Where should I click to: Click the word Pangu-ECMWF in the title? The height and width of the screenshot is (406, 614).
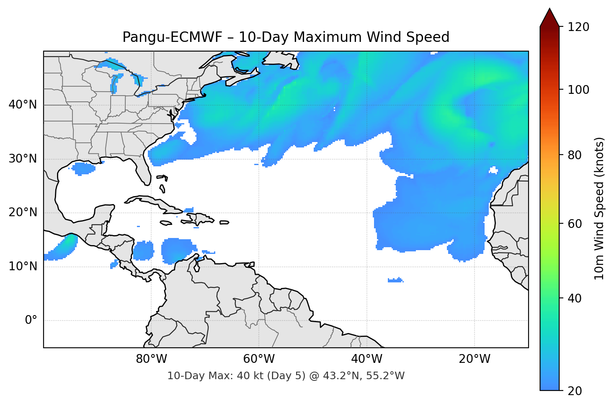point(172,37)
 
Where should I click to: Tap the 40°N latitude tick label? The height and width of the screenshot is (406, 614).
point(23,104)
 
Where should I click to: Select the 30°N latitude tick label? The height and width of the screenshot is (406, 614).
point(23,158)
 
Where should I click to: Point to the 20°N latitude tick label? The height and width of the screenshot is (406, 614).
point(23,212)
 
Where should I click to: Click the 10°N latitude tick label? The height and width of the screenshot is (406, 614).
point(23,266)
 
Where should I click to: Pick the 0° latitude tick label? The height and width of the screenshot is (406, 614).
point(31,321)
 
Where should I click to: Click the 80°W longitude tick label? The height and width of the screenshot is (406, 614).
point(151,359)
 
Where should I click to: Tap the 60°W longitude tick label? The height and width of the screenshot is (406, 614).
point(259,359)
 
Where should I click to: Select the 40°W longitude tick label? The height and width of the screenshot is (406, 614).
point(366,359)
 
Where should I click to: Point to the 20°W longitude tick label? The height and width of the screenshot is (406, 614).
point(474,359)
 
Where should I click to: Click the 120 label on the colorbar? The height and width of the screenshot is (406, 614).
point(578,27)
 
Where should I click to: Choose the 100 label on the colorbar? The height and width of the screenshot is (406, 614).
point(578,90)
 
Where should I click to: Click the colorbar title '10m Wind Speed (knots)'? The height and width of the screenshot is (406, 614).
point(599,208)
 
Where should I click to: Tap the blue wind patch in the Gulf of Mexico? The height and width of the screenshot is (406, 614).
point(83,168)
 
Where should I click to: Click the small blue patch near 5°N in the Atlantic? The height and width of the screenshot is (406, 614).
point(395,280)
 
